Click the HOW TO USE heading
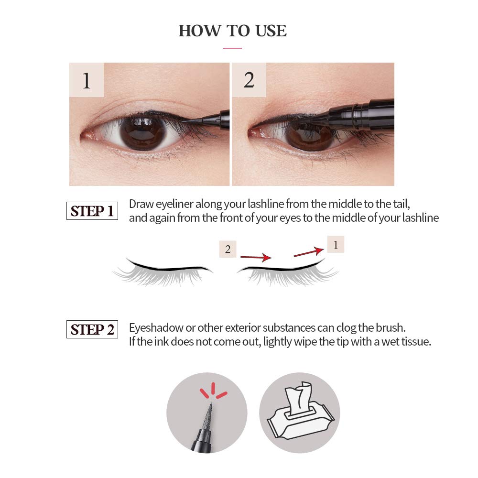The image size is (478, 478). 233,31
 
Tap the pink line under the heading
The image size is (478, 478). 232,48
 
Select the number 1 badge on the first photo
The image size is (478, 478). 87,80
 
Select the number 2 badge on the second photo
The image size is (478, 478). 249,80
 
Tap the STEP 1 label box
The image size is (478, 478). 92,211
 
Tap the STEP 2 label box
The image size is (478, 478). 92,329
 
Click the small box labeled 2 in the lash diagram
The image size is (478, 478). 228,249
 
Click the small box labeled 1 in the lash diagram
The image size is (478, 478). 336,245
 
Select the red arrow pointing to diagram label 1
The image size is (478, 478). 309,252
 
